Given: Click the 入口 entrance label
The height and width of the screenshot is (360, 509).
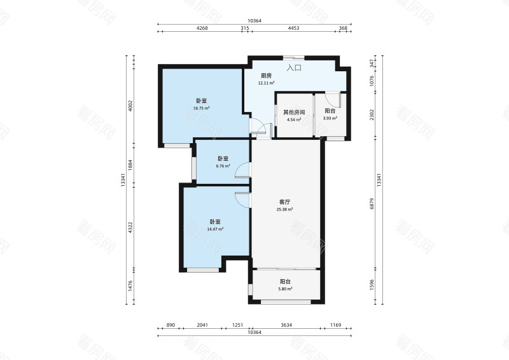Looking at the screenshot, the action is pyautogui.click(x=294, y=68).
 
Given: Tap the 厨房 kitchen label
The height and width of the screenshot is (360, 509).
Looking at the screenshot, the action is pyautogui.click(x=266, y=76).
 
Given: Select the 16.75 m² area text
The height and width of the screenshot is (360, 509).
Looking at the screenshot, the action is pyautogui.click(x=201, y=108).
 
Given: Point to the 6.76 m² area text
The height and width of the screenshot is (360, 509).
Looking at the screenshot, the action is pyautogui.click(x=223, y=166).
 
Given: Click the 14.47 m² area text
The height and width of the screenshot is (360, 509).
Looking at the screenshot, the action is pyautogui.click(x=215, y=229).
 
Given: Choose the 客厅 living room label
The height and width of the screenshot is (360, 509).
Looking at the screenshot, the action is pyautogui.click(x=284, y=202).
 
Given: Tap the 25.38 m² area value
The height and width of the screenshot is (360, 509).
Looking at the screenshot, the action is pyautogui.click(x=284, y=210).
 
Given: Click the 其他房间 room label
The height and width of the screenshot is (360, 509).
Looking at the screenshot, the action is pyautogui.click(x=294, y=113).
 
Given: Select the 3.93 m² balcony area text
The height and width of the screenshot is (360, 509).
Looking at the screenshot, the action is pyautogui.click(x=330, y=118).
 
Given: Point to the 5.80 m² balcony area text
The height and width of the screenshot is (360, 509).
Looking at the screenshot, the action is pyautogui.click(x=285, y=289).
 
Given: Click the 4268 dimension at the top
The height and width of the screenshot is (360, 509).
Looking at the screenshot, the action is pyautogui.click(x=202, y=28).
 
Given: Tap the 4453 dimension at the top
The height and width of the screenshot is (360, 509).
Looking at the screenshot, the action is pyautogui.click(x=293, y=28).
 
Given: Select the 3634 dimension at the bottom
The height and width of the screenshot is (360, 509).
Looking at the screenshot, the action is pyautogui.click(x=286, y=325).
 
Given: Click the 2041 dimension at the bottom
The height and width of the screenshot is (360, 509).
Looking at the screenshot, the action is pyautogui.click(x=202, y=325).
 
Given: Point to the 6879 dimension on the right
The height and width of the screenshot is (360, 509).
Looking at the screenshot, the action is pyautogui.click(x=372, y=204).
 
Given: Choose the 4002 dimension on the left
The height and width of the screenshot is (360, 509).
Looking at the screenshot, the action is pyautogui.click(x=130, y=106).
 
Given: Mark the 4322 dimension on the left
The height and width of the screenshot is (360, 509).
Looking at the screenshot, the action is pyautogui.click(x=130, y=227).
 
